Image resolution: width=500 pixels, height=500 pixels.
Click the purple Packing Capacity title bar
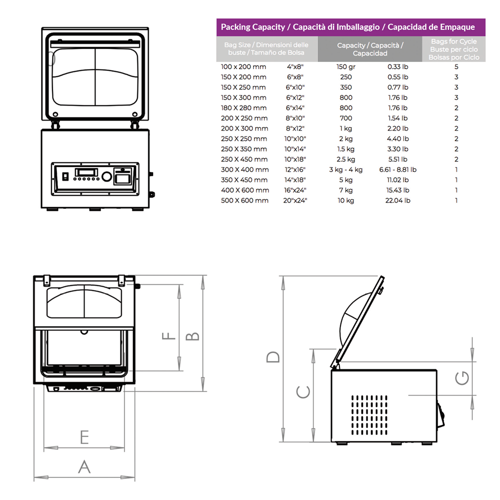[351, 27]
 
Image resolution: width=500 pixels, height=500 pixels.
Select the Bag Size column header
[267, 49]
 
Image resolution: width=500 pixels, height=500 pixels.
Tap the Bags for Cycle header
[454, 49]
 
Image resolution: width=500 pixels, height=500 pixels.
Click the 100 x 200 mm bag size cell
[243, 67]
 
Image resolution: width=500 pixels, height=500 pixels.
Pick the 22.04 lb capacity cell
[397, 200]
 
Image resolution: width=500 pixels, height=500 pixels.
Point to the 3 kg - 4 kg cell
[345, 169]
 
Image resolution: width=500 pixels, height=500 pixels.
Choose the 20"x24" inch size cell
[295, 200]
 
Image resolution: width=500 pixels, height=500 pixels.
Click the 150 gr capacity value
[345, 67]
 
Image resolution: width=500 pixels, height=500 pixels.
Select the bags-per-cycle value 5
[456, 67]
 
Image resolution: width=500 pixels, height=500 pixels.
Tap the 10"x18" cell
[295, 159]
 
